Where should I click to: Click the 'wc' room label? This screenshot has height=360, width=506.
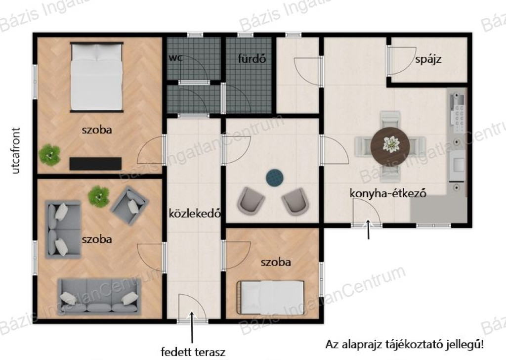175,58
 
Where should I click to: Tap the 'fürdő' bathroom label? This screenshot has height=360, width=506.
252,59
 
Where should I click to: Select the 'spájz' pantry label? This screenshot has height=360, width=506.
428,59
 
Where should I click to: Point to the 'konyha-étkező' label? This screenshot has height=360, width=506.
388,193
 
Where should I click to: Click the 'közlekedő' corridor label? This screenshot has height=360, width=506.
195,214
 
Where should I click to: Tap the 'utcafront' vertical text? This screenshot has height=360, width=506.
15,151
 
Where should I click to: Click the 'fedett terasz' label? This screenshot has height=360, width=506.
193,352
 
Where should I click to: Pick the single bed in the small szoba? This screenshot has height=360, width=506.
271,297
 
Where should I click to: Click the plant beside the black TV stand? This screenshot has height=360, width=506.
50,155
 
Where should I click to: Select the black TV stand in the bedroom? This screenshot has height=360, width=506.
95,163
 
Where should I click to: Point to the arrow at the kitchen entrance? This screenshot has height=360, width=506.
368,229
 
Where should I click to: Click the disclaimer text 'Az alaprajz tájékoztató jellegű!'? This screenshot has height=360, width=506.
405,344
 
